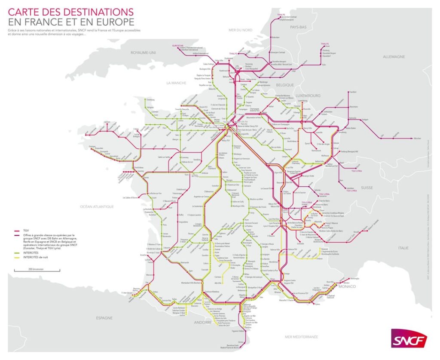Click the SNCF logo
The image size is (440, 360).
[x=409, y=338]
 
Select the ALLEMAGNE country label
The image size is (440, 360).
[x=394, y=57]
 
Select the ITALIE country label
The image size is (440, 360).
[x=403, y=248]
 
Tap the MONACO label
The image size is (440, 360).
[x=347, y=286]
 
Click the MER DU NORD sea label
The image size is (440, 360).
[x=240, y=30]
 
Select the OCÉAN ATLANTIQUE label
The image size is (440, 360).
[x=97, y=206]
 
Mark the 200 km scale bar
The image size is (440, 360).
[x=27, y=271]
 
